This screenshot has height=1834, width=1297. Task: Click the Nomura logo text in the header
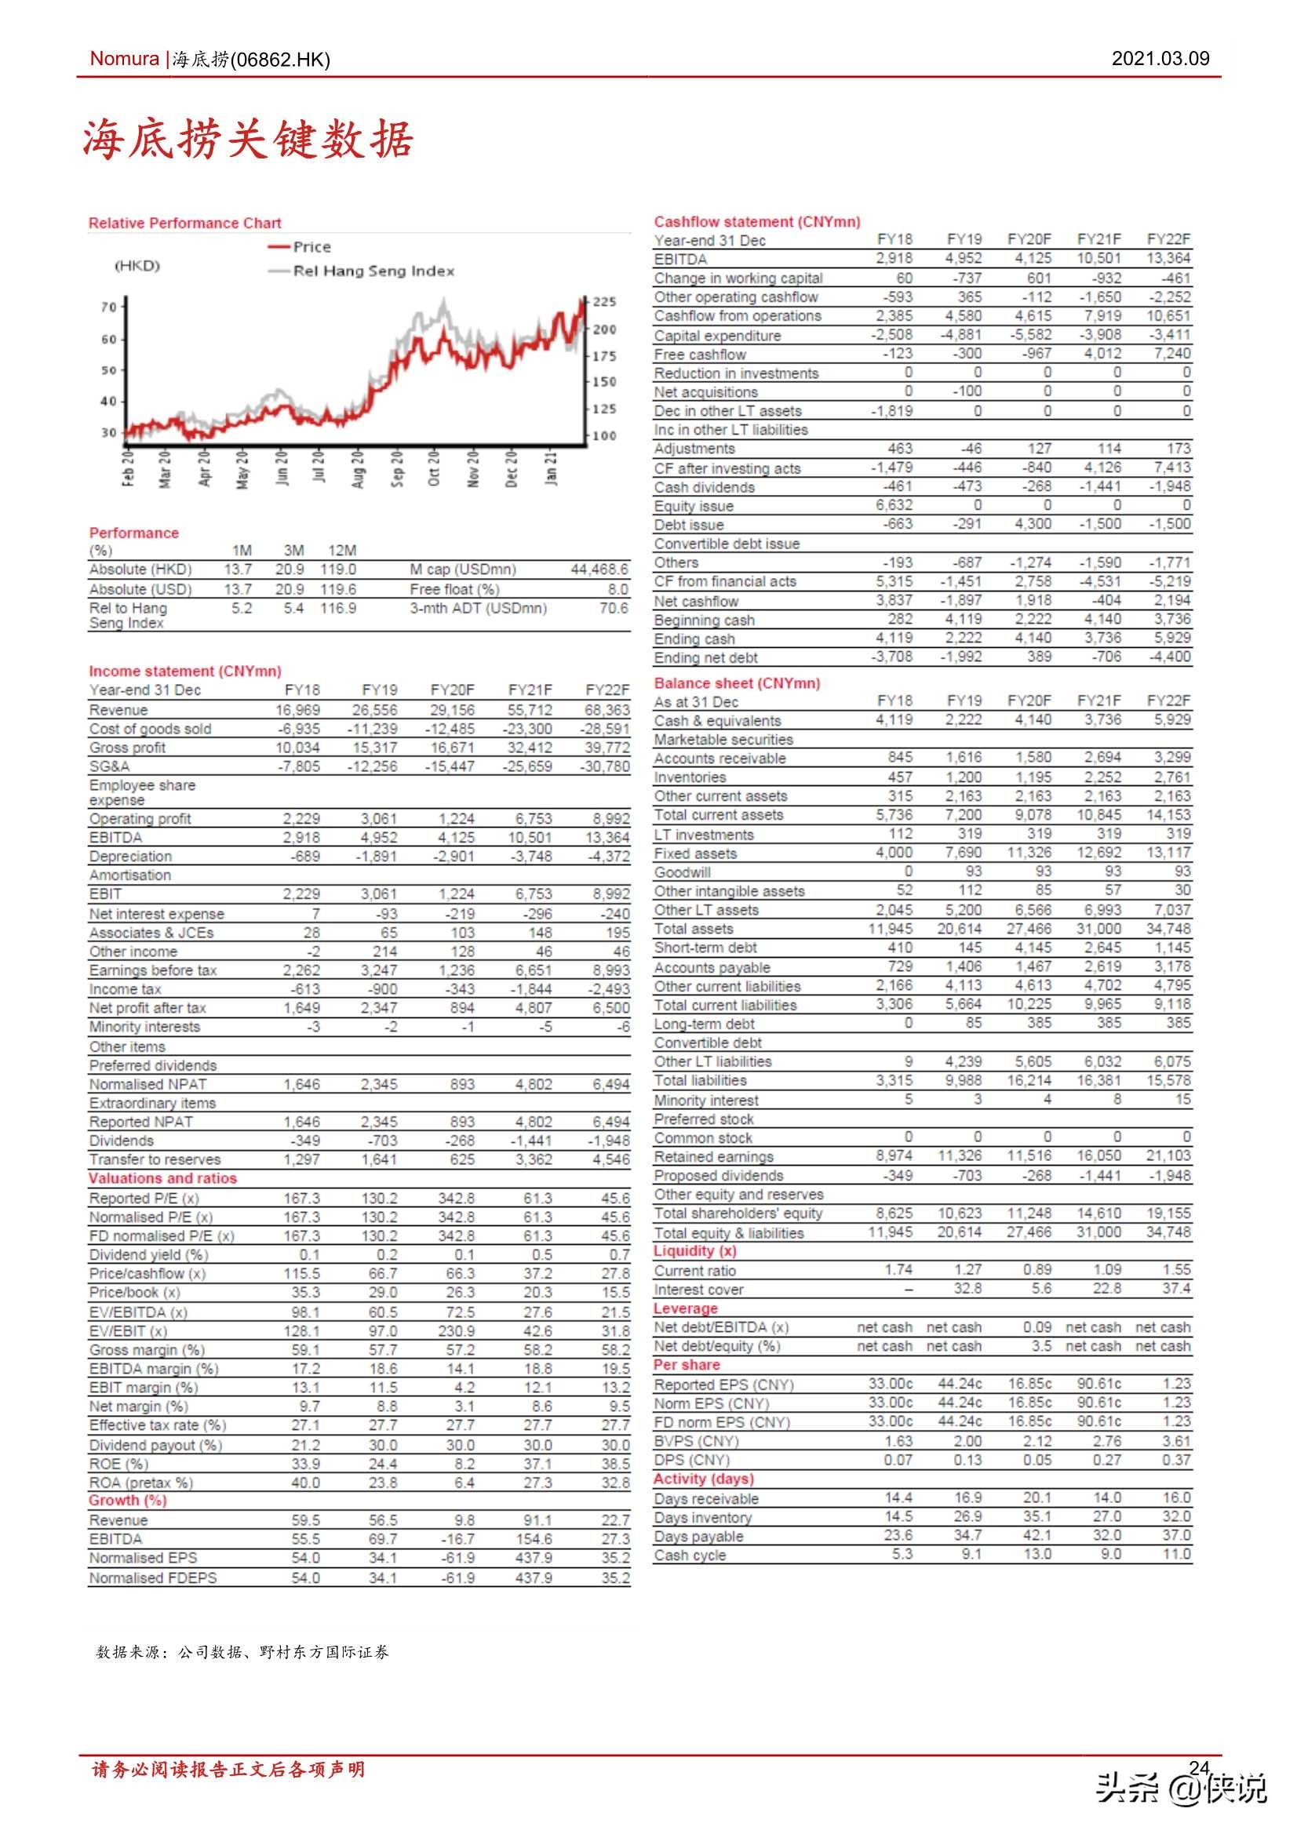pyautogui.click(x=124, y=58)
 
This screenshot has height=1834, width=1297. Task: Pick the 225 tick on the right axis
pyautogui.click(x=603, y=302)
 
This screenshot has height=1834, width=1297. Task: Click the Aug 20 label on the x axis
pyautogui.click(x=358, y=468)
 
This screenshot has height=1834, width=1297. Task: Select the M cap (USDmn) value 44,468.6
pyautogui.click(x=599, y=569)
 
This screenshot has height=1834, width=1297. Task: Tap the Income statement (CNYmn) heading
pyautogui.click(x=184, y=671)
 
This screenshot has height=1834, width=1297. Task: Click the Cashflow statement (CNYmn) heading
pyautogui.click(x=757, y=222)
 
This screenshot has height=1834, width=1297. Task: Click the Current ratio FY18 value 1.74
pyautogui.click(x=898, y=1269)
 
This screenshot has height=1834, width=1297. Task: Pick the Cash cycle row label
pyautogui.click(x=690, y=1556)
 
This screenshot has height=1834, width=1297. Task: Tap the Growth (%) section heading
pyautogui.click(x=127, y=1500)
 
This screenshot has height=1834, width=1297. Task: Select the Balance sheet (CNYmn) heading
pyautogui.click(x=737, y=683)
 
